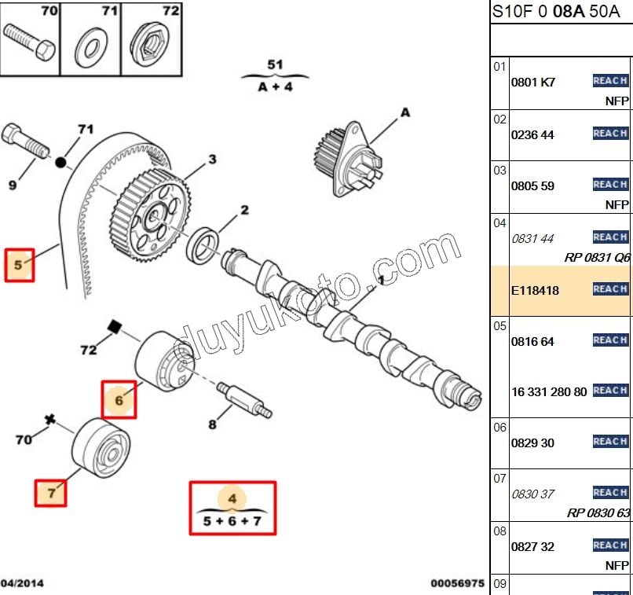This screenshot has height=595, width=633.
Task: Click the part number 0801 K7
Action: tap(532, 82)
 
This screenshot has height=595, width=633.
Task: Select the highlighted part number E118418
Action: tap(535, 290)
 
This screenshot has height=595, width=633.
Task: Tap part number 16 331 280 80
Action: tap(549, 391)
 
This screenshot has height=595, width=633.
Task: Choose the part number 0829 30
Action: tap(532, 443)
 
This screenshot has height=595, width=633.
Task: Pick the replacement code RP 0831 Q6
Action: tap(597, 257)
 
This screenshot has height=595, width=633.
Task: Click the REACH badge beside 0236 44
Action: tap(610, 134)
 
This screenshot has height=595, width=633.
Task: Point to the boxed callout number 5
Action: tap(20, 265)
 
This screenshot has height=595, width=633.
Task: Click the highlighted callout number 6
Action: tap(119, 400)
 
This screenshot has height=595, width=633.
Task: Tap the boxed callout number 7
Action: tap(51, 493)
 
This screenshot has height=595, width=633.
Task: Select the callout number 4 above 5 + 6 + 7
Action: tap(232, 498)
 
